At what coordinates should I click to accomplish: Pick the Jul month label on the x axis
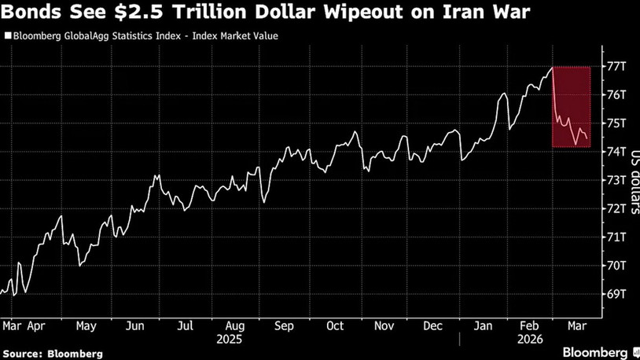[x=186, y=325]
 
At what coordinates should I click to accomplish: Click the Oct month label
[x=336, y=325]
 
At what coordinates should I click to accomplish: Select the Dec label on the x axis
[x=433, y=325]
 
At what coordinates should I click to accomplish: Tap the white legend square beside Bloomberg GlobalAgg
[x=7, y=36]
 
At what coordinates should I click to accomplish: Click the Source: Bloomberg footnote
[x=52, y=354]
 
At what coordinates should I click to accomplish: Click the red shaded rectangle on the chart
[x=572, y=107]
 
